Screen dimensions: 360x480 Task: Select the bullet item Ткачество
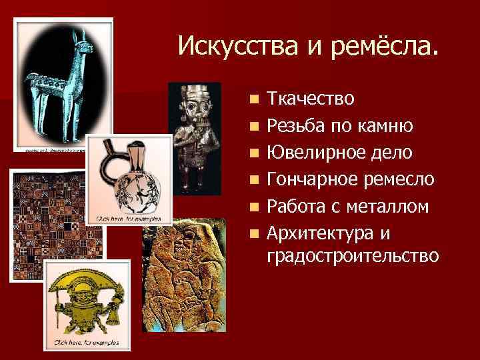pyautogui.click(x=310, y=99)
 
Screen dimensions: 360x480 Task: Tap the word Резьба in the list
pyautogui.click(x=294, y=126)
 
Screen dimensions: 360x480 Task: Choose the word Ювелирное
pyautogui.click(x=309, y=153)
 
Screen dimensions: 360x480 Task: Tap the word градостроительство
pyautogui.click(x=353, y=255)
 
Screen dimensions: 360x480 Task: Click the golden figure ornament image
pyautogui.click(x=87, y=303)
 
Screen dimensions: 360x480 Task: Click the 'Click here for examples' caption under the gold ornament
pyautogui.click(x=87, y=343)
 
